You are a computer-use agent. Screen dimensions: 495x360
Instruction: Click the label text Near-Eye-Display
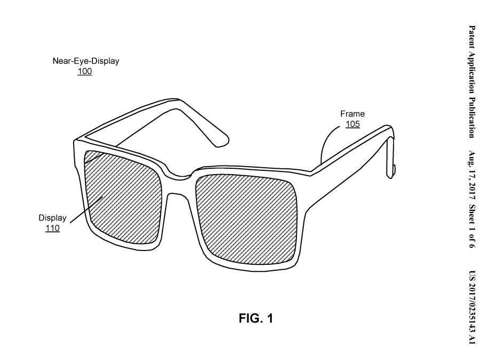pyautogui.click(x=85, y=61)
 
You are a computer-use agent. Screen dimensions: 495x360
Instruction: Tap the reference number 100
pyautogui.click(x=84, y=71)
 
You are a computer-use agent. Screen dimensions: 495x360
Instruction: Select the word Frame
pyautogui.click(x=352, y=114)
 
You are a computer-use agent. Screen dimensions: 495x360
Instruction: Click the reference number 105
pyautogui.click(x=352, y=124)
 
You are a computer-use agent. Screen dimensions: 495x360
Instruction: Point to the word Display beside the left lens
pyautogui.click(x=52, y=218)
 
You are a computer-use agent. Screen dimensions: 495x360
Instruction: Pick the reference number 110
pyautogui.click(x=52, y=229)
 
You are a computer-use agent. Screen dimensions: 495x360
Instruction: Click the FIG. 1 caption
pyautogui.click(x=255, y=319)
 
